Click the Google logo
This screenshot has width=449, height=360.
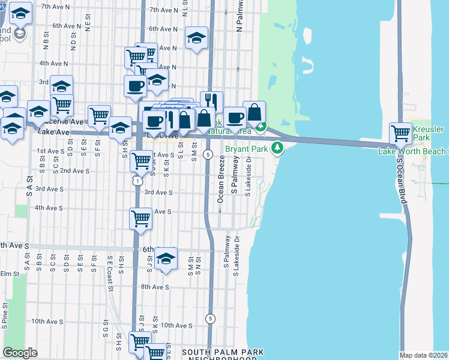(20, 352)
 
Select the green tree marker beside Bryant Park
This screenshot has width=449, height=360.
(277, 149)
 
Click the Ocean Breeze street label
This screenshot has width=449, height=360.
(221, 179)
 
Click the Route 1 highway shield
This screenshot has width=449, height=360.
(137, 179)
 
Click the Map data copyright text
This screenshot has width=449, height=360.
(424, 355)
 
